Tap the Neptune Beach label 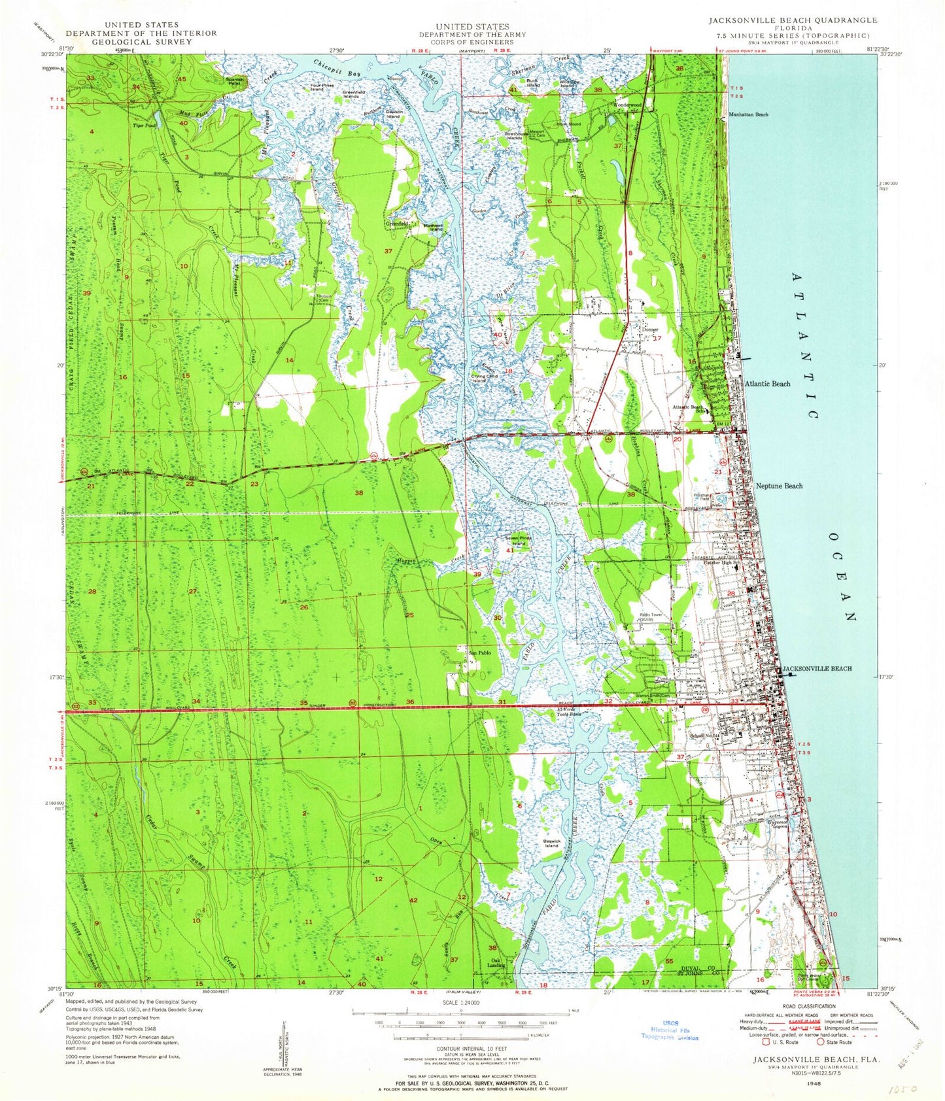click(778, 486)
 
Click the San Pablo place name click(479, 652)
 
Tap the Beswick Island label click(551, 843)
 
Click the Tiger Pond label click(143, 125)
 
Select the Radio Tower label click(653, 615)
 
